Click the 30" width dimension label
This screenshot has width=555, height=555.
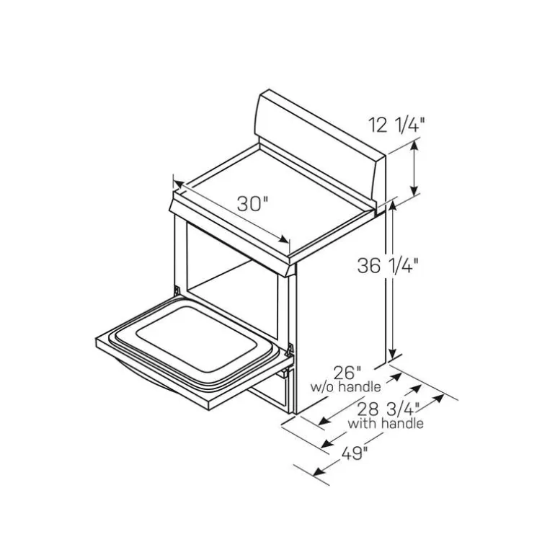(252, 203)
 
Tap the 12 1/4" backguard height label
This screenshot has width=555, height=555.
(396, 125)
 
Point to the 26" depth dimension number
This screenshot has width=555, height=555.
(347, 373)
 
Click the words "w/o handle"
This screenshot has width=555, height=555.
(346, 387)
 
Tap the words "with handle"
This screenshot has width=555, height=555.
(386, 423)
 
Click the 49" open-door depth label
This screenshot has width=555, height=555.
(355, 453)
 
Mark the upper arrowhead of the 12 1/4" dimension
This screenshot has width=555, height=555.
(414, 145)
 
